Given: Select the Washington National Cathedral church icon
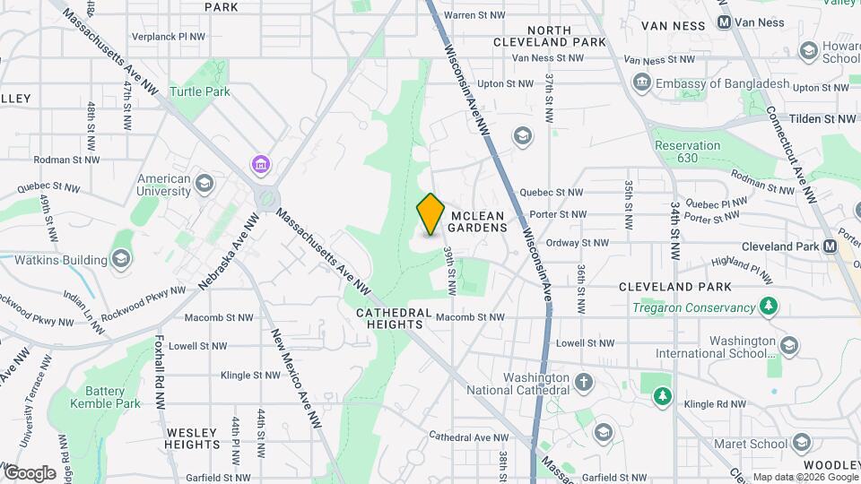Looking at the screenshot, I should [584, 383].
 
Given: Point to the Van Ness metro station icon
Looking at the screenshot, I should [724, 22].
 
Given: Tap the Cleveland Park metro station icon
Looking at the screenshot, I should [830, 246].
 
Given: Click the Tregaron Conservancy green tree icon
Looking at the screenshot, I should [768, 307].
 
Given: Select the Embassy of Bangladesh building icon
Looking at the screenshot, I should [642, 83].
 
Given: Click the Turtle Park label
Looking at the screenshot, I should [200, 91].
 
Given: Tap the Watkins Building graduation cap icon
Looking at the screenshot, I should [121, 260].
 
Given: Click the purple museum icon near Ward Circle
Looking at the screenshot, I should [260, 164].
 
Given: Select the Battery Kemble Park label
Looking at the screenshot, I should [112, 397].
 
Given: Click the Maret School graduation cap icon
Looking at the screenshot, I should [801, 443].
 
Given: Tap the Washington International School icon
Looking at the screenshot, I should [788, 346].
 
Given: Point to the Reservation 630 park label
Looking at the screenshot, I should [688, 151].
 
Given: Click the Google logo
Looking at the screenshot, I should [30, 472].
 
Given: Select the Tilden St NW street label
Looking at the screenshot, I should [822, 119].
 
